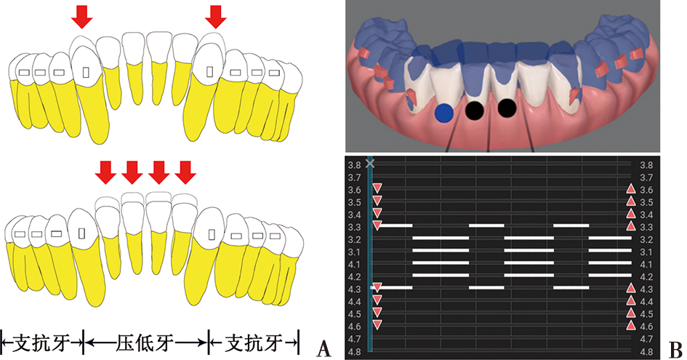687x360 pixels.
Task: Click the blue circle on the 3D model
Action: (444, 113)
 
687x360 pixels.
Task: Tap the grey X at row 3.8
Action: (370, 163)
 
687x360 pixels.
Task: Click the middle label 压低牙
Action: (145, 343)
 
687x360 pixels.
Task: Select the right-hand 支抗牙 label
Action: (253, 343)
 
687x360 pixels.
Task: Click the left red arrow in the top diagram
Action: (82, 17)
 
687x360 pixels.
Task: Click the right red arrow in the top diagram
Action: (216, 17)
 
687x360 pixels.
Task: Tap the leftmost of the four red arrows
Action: (105, 172)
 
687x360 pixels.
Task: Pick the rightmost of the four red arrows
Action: (185, 172)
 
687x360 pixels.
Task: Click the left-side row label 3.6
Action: (355, 191)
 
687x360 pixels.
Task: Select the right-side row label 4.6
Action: (646, 327)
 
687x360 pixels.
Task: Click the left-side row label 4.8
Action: (355, 352)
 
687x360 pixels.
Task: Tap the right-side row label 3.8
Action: (646, 165)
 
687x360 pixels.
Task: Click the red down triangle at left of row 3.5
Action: (377, 201)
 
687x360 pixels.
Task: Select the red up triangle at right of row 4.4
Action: (631, 300)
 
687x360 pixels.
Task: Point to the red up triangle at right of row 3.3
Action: (631, 225)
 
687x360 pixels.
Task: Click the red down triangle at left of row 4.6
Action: (377, 324)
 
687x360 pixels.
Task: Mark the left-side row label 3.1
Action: (355, 252)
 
